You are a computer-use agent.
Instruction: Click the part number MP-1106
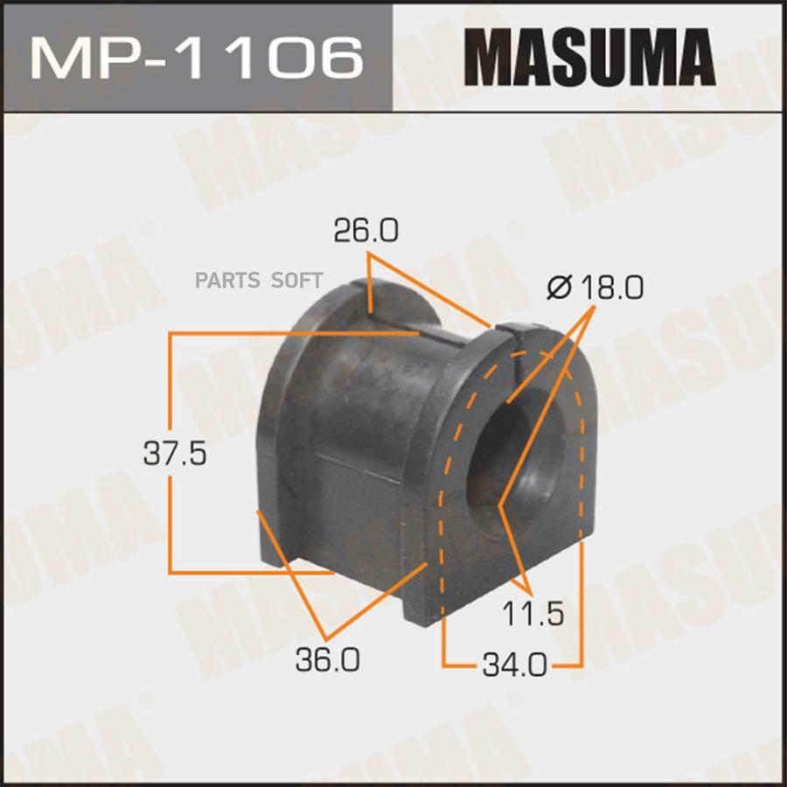[x=197, y=58]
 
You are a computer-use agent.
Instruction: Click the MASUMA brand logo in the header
[x=589, y=57]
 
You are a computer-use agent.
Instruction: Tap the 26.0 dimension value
[x=366, y=231]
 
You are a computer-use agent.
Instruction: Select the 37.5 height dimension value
[x=175, y=453]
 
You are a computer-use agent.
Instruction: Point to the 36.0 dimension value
[x=328, y=659]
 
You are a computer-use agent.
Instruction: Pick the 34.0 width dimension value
[x=514, y=665]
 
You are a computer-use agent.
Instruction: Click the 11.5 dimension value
[x=533, y=614]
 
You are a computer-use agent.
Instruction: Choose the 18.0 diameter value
[x=612, y=288]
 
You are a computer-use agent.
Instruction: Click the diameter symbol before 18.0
[x=560, y=288]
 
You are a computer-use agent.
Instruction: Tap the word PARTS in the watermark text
[x=227, y=280]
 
